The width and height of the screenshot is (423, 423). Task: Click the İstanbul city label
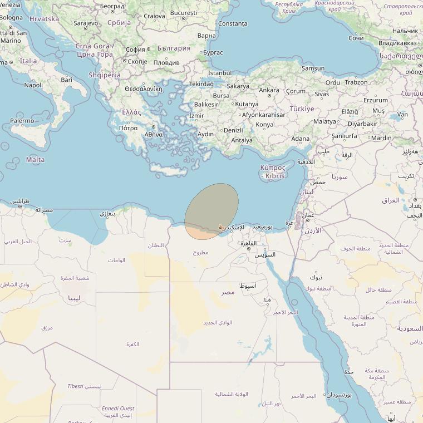click(219, 73)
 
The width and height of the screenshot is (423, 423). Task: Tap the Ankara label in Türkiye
click(269, 90)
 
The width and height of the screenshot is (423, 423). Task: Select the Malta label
click(36, 160)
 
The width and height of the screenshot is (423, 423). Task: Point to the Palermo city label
click(22, 120)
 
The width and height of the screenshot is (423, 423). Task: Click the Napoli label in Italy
click(33, 85)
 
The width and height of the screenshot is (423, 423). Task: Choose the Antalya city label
click(242, 140)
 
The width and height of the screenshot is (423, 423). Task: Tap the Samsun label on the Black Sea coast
click(313, 68)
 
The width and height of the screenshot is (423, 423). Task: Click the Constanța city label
click(233, 24)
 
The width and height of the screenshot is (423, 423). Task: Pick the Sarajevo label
click(86, 23)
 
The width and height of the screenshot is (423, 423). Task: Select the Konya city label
click(264, 125)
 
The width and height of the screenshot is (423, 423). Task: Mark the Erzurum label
click(375, 100)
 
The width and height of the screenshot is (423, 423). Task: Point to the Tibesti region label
click(76, 386)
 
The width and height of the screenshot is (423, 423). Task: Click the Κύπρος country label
click(273, 168)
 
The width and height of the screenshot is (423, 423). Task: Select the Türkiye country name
click(302, 109)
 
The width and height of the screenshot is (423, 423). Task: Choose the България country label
click(174, 48)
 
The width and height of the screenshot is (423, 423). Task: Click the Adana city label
click(301, 139)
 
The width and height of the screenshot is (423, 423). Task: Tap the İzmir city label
click(196, 116)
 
